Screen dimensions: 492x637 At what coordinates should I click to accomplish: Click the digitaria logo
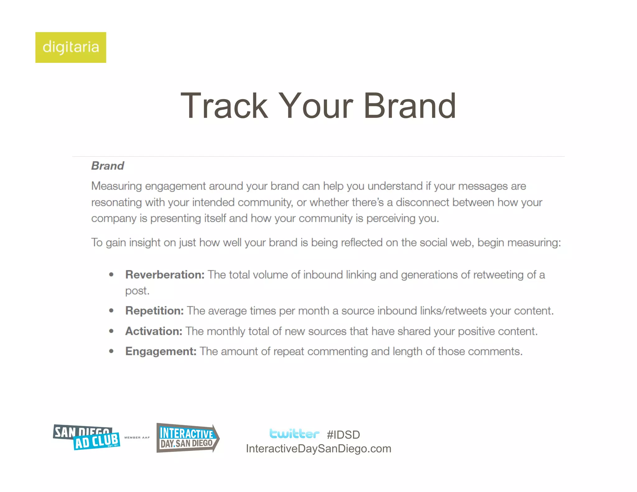(x=71, y=47)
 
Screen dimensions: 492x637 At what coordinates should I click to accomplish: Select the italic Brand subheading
(x=108, y=166)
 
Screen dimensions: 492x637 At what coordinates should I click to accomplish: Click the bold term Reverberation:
(x=165, y=275)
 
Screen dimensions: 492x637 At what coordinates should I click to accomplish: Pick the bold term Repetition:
(x=154, y=311)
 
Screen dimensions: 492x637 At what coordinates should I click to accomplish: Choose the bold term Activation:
(x=154, y=331)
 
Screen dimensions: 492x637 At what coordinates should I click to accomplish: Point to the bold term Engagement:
(x=161, y=351)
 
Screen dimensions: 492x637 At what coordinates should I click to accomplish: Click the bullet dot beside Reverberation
(x=111, y=275)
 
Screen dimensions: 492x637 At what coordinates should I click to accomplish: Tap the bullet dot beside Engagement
(x=111, y=351)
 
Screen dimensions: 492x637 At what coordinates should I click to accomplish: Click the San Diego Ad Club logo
(x=86, y=437)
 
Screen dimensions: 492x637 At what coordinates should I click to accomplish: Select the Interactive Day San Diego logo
(x=188, y=438)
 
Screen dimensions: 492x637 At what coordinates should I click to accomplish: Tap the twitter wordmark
(x=294, y=434)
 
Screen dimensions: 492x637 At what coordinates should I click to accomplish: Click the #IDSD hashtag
(x=343, y=435)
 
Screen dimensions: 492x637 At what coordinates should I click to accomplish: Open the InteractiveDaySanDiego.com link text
(x=318, y=449)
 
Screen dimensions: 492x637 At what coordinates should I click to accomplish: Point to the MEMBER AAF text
(x=137, y=438)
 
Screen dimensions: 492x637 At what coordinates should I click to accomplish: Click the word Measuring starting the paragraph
(x=117, y=186)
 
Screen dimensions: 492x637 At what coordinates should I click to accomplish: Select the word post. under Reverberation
(x=137, y=291)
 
